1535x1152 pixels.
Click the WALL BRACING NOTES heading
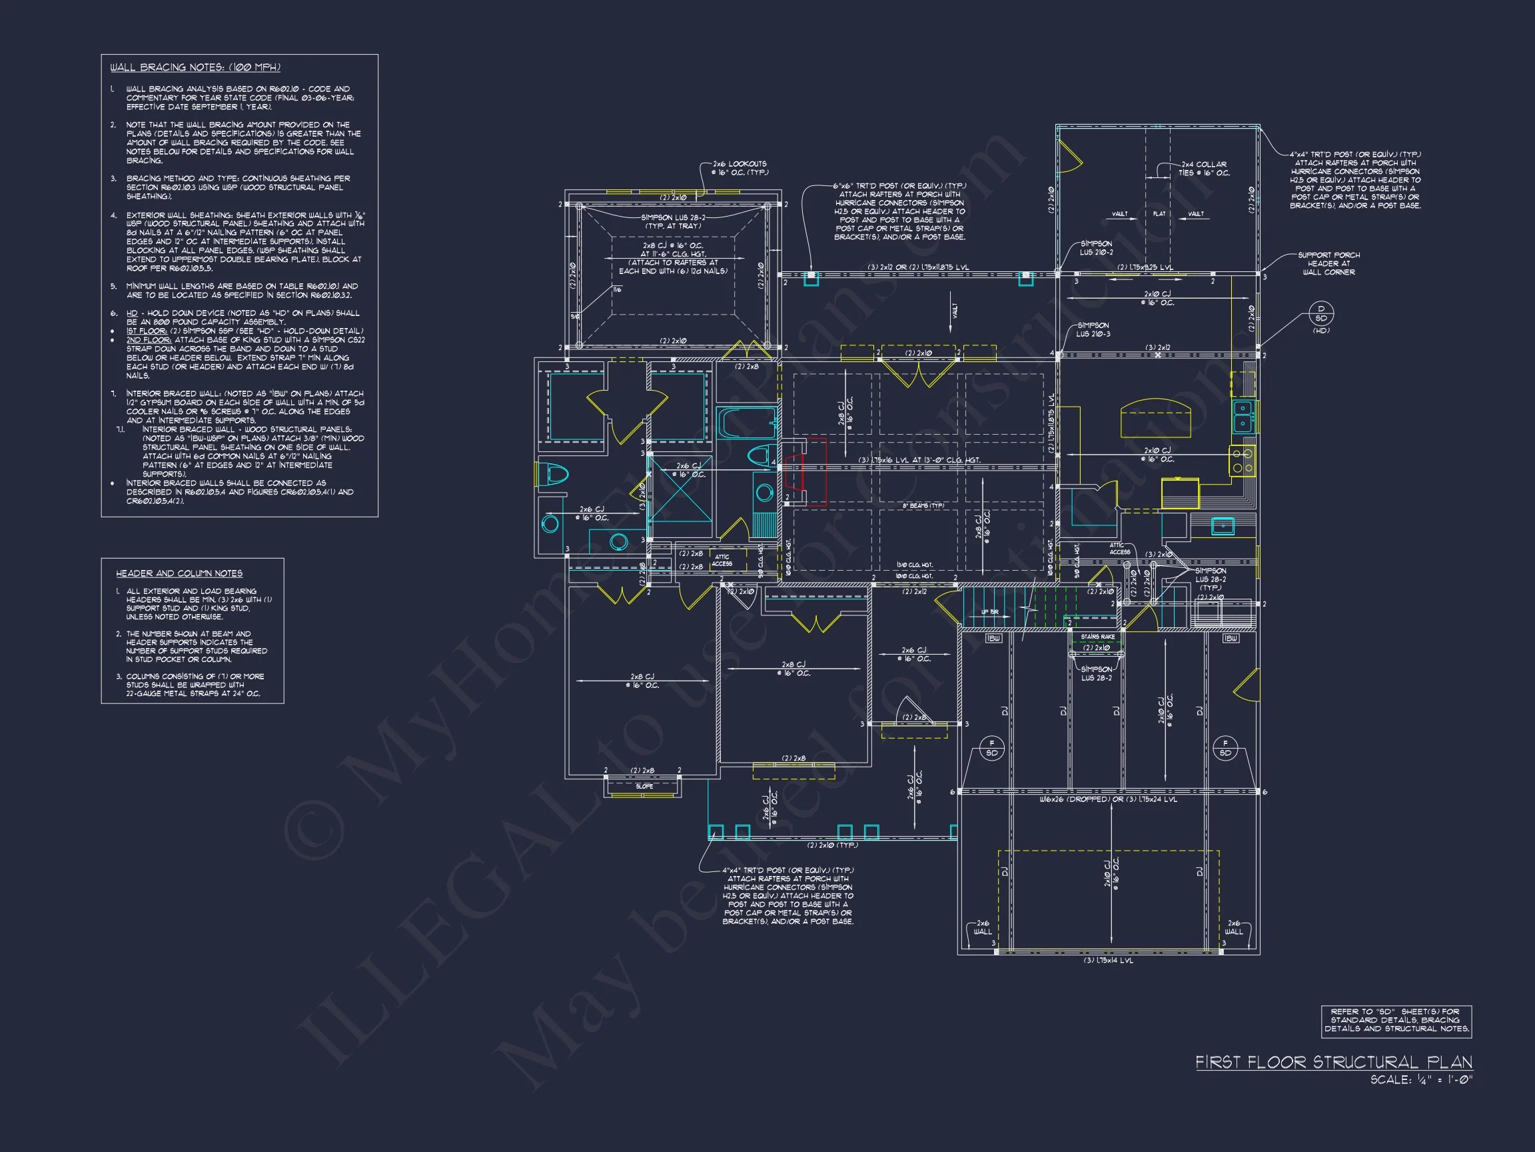pyautogui.click(x=195, y=67)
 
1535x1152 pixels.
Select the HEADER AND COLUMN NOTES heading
pyautogui.click(x=179, y=573)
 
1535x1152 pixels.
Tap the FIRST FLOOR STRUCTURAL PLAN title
pyautogui.click(x=1333, y=1062)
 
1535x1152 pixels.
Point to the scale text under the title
pyautogui.click(x=1420, y=1080)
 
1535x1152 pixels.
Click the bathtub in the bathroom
pyautogui.click(x=746, y=422)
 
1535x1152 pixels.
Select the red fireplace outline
pyautogui.click(x=805, y=472)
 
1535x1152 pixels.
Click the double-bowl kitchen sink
pyautogui.click(x=1243, y=415)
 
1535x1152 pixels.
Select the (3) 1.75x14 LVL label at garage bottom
pyautogui.click(x=1108, y=961)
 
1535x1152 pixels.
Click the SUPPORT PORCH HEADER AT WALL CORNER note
pyautogui.click(x=1328, y=264)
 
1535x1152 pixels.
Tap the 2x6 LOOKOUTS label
pyautogui.click(x=739, y=168)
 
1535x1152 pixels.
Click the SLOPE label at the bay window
pyautogui.click(x=644, y=786)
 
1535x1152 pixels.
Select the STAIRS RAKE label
pyautogui.click(x=1097, y=636)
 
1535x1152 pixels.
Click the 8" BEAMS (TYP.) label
pyautogui.click(x=923, y=505)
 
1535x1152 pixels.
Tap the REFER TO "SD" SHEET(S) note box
pyautogui.click(x=1396, y=1021)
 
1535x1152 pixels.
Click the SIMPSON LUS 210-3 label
pyautogui.click(x=1093, y=329)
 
